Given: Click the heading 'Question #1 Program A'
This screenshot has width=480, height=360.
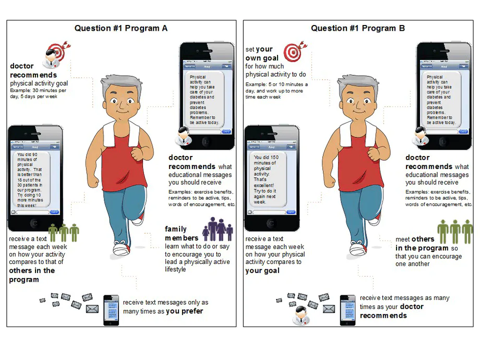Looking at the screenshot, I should click(121, 28).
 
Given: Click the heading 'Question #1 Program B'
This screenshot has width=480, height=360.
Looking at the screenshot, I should click(358, 28).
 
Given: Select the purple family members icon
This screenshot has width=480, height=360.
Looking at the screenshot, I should click(218, 230).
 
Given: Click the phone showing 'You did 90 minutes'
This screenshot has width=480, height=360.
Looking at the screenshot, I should click(35, 178).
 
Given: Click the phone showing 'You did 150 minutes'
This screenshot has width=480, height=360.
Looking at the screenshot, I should click(272, 178).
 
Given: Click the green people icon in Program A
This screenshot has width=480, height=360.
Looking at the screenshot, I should click(64, 233).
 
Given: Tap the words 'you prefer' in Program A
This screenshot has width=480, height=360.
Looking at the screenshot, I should click(185, 311).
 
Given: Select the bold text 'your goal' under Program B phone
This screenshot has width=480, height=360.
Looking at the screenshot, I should click(262, 271).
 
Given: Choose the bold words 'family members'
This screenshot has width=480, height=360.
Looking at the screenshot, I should click(182, 234).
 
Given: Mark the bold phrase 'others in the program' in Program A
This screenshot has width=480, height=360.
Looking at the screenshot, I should click(31, 275).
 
